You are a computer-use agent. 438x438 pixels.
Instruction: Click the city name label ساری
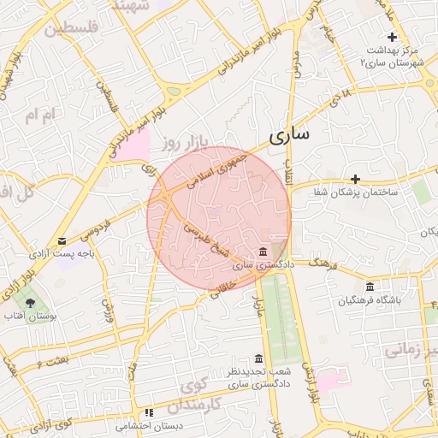289,135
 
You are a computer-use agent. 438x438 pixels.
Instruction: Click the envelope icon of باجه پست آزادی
61,241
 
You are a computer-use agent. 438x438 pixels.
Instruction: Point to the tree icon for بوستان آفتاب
30,302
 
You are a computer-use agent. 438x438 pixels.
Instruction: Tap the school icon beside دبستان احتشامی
149,412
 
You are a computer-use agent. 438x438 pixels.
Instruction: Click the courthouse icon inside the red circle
261,252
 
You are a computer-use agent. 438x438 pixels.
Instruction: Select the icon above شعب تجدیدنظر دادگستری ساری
258,358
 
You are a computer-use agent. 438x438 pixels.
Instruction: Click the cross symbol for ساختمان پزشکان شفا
355,179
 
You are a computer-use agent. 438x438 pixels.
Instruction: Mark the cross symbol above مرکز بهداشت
392,37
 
